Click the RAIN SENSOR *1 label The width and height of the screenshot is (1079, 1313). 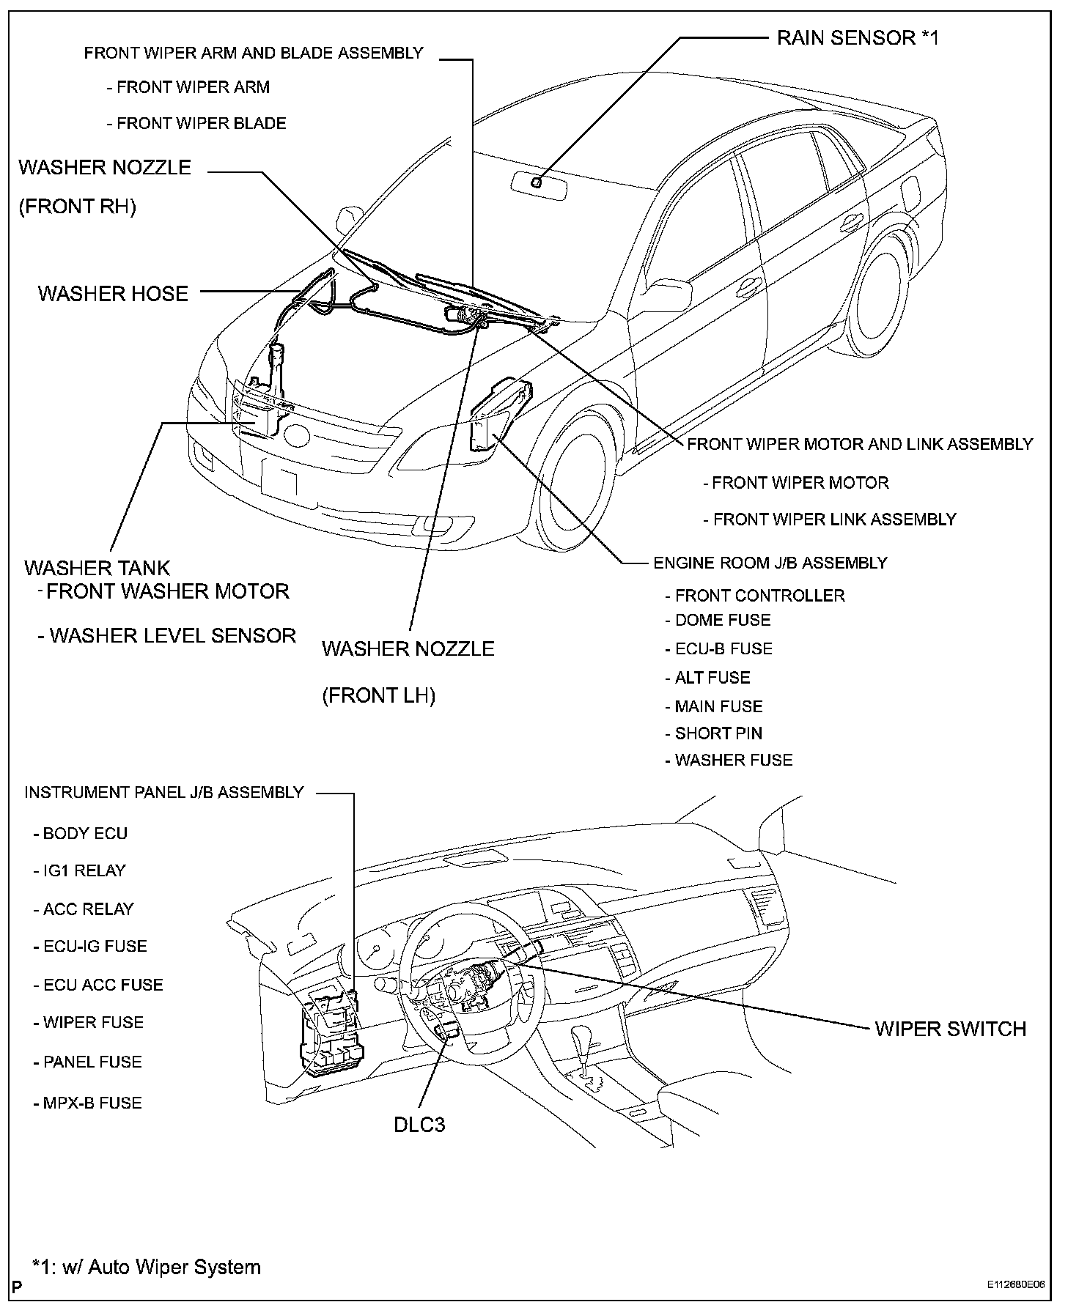coord(857,37)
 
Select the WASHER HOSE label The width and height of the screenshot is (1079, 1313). coord(113,294)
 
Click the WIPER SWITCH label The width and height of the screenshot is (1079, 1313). coord(950,1029)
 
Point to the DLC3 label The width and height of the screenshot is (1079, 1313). coord(419,1124)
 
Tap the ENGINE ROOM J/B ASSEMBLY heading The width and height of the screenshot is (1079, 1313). coord(770,563)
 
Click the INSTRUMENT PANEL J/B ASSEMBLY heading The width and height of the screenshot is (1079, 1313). coord(163,792)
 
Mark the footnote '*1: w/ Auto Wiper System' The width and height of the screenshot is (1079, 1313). coord(145,1267)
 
